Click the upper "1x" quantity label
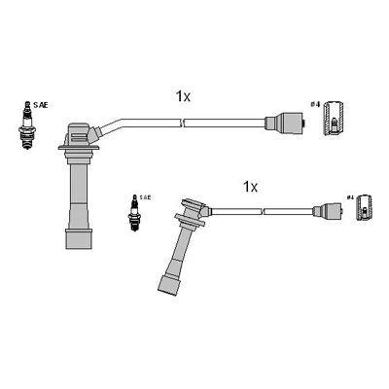182,96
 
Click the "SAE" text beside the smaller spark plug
145,196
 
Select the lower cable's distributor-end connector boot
324,208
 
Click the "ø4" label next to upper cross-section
314,105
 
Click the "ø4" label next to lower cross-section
349,197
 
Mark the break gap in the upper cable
183,123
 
